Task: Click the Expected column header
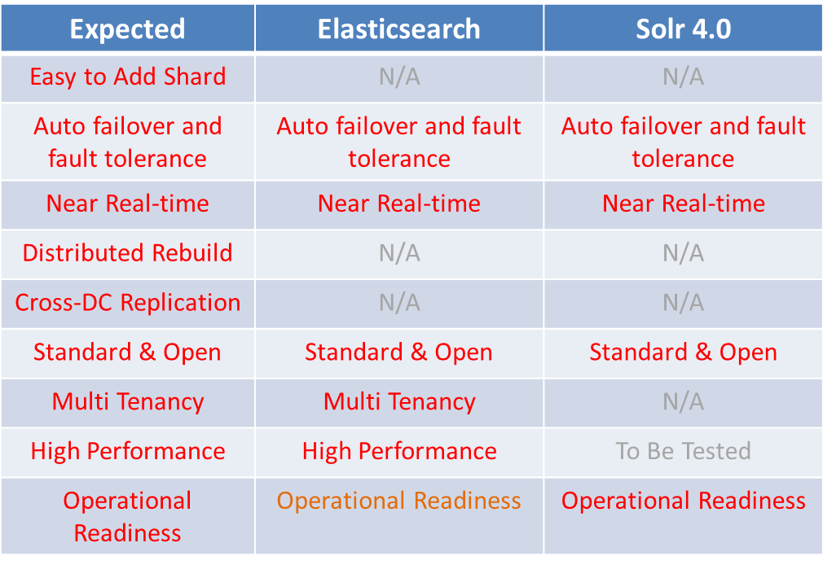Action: pyautogui.click(x=128, y=28)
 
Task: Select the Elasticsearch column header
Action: pyautogui.click(x=399, y=28)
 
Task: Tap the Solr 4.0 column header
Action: pyautogui.click(x=684, y=28)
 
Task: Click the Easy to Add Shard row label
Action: pyautogui.click(x=128, y=77)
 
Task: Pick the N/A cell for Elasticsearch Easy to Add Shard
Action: pyautogui.click(x=399, y=77)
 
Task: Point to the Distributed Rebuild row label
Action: pyautogui.click(x=128, y=253)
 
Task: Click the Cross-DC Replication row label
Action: pyautogui.click(x=128, y=303)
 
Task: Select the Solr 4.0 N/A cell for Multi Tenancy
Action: pyautogui.click(x=684, y=402)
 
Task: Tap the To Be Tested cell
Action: pyautogui.click(x=684, y=451)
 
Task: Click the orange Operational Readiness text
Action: pyautogui.click(x=399, y=501)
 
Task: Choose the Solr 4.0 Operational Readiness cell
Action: pyautogui.click(x=684, y=501)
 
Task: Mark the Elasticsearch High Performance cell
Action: pyautogui.click(x=399, y=451)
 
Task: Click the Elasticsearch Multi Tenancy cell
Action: pyautogui.click(x=399, y=402)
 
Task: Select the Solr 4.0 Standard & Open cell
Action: pyautogui.click(x=684, y=352)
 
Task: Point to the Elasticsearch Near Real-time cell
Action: pyautogui.click(x=399, y=204)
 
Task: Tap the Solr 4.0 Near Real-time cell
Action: pyautogui.click(x=684, y=204)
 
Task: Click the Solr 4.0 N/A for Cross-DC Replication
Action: pyautogui.click(x=684, y=303)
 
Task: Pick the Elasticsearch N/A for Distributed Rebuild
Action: pyautogui.click(x=399, y=253)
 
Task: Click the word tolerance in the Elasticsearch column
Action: pyautogui.click(x=399, y=159)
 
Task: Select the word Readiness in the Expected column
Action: pyautogui.click(x=128, y=533)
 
